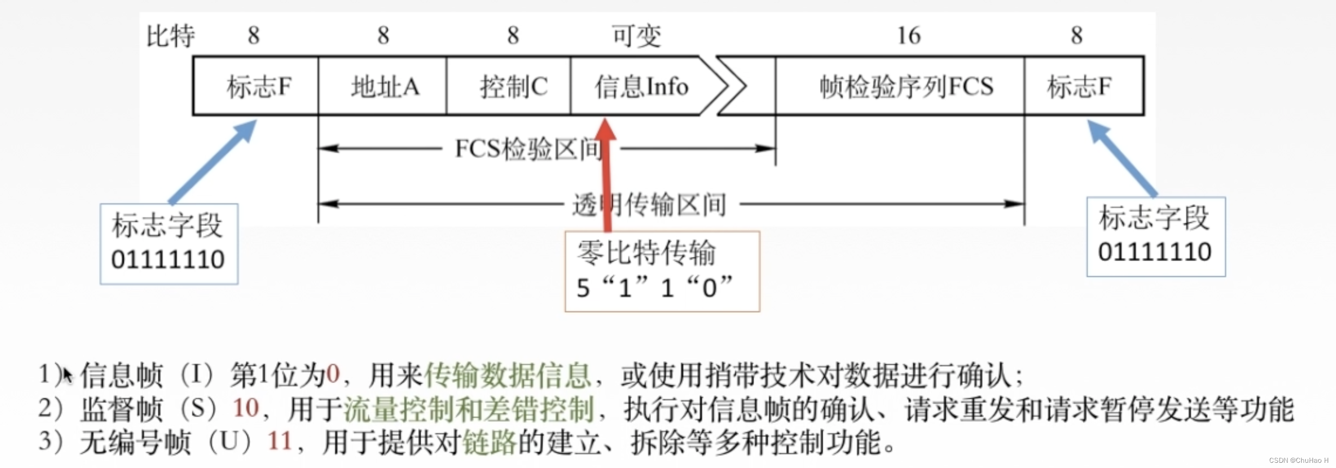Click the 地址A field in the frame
tap(385, 87)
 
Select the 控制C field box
tap(513, 87)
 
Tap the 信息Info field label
tap(641, 87)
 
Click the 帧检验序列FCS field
tap(906, 87)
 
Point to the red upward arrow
tap(605, 172)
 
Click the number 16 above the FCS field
tap(909, 35)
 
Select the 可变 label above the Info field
tap(636, 35)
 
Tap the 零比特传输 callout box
tap(662, 271)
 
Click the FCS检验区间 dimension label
tap(529, 149)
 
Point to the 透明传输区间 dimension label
tap(649, 204)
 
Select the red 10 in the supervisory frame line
tap(245, 408)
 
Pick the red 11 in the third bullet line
tap(280, 441)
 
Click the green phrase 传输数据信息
tap(508, 375)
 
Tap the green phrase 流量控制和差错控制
tap(468, 409)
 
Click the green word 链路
tap(489, 442)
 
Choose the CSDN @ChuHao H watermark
tap(1298, 460)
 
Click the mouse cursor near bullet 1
tap(67, 375)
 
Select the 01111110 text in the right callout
tap(1154, 252)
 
